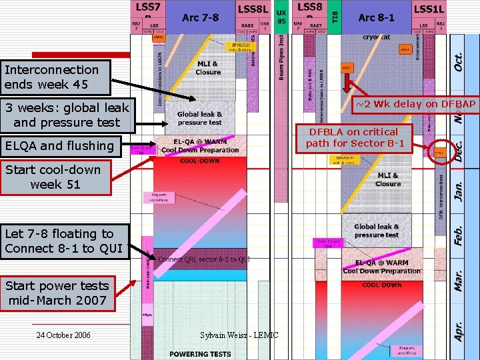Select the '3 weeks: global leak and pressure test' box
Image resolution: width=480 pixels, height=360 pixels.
pyautogui.click(x=66, y=115)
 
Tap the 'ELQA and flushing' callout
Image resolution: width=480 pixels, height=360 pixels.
pyautogui.click(x=59, y=146)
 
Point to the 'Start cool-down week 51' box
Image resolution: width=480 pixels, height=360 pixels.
pyautogui.click(x=53, y=177)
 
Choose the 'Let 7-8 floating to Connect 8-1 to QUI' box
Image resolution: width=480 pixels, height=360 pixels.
pyautogui.click(x=64, y=241)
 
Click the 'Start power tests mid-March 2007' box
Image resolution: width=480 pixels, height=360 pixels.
pyautogui.click(x=57, y=293)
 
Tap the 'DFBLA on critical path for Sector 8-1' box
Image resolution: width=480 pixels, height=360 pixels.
pyautogui.click(x=362, y=137)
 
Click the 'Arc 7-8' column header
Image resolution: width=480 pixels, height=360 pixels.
pyautogui.click(x=200, y=17)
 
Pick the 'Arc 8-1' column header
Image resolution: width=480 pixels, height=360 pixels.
pyautogui.click(x=376, y=17)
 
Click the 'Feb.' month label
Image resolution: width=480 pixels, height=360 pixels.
pyautogui.click(x=459, y=233)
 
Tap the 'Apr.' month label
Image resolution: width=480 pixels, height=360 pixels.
pyautogui.click(x=459, y=329)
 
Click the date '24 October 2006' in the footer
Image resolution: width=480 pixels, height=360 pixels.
pyautogui.click(x=63, y=335)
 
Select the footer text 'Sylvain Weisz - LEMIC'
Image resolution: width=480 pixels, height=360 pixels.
pyautogui.click(x=239, y=335)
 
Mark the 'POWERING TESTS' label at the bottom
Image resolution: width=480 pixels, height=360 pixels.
pyautogui.click(x=200, y=354)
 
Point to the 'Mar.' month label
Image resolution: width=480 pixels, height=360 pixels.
pyautogui.click(x=459, y=282)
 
